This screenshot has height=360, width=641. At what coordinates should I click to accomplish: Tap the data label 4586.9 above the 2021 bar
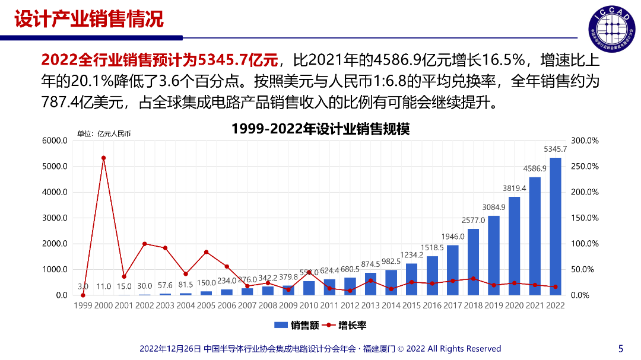click(535, 169)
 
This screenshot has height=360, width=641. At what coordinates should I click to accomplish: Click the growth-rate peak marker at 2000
click(103, 158)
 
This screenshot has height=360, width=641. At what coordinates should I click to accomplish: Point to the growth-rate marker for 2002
click(145, 244)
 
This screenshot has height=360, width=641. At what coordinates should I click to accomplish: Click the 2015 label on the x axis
click(411, 305)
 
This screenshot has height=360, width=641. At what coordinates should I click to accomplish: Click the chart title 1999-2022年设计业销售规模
click(320, 129)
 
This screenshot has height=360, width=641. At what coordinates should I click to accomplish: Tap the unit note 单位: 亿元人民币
click(104, 134)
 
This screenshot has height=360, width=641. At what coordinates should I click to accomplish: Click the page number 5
click(621, 349)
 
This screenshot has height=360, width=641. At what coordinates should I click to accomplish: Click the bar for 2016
click(432, 276)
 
